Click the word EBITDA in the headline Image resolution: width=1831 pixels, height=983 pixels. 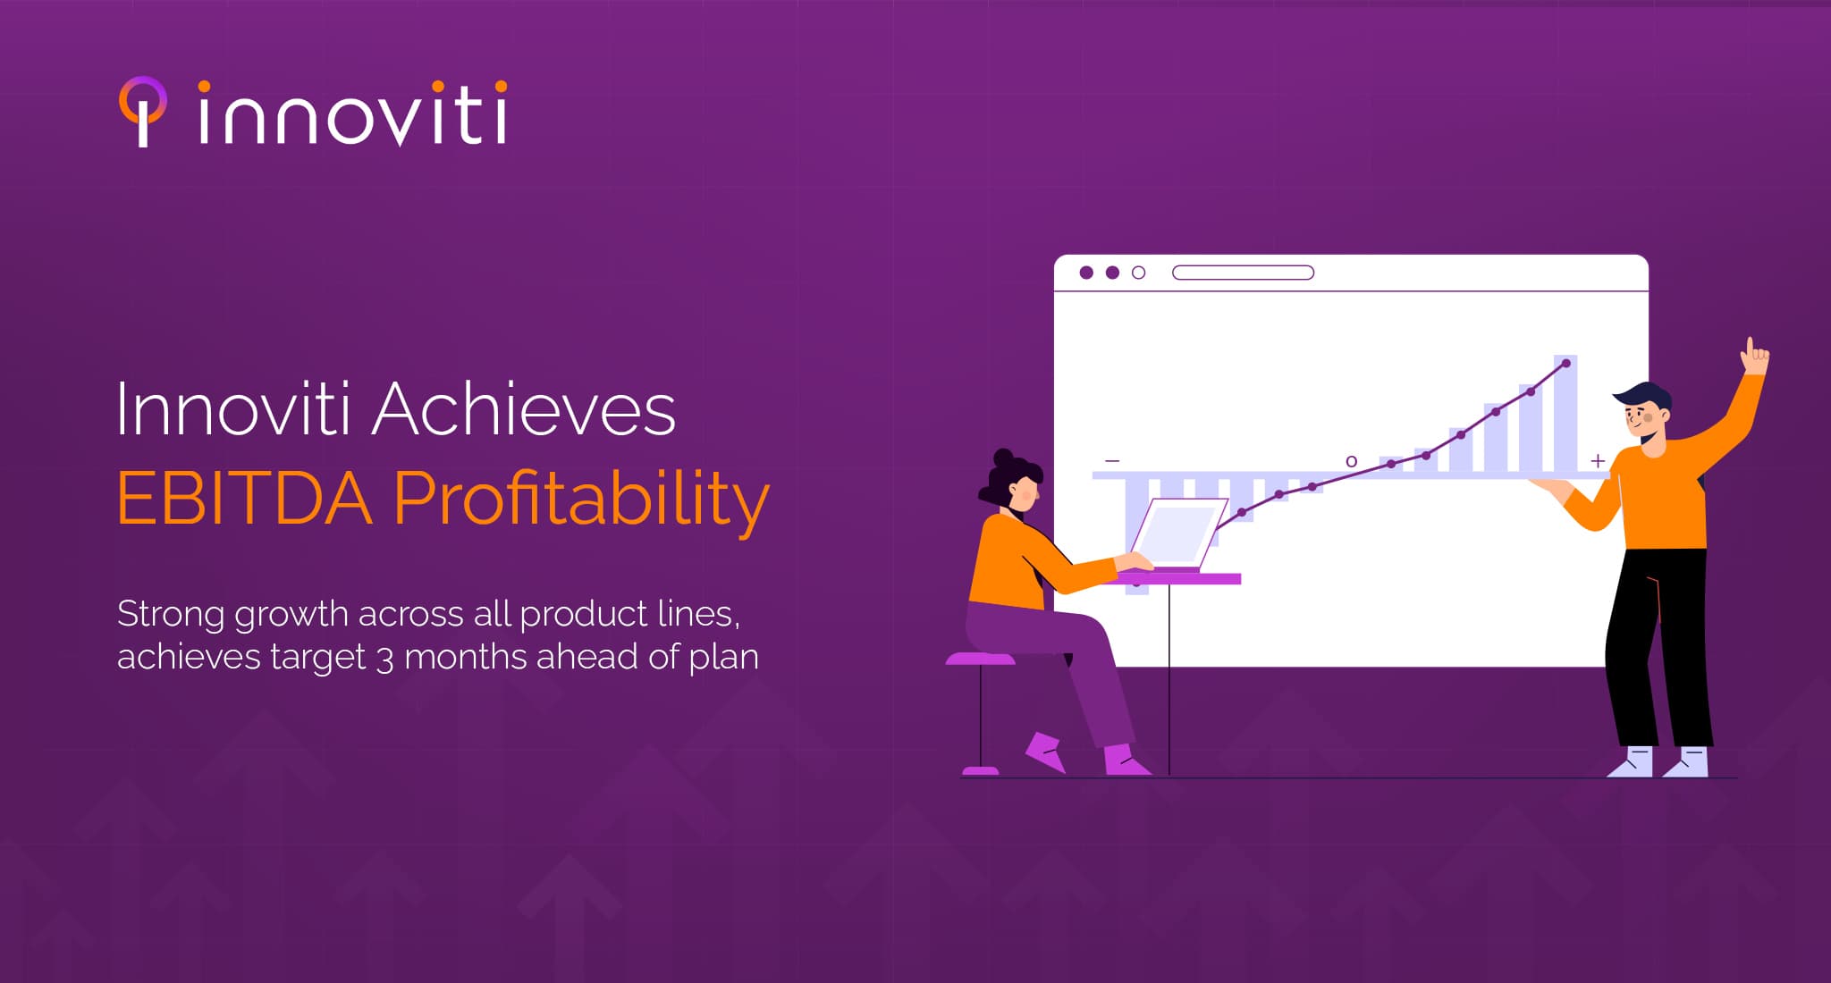pos(243,500)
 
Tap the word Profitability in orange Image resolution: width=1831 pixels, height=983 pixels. pos(580,500)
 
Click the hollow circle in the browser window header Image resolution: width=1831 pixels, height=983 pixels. pos(1138,273)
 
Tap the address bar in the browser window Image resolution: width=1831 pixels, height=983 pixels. pos(1243,273)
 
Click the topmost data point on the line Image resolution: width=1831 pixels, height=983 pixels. pos(1565,363)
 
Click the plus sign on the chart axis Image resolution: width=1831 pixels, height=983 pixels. pos(1598,461)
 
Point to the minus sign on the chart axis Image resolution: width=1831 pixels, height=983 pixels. pos(1112,461)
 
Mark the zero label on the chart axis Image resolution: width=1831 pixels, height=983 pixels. pos(1351,461)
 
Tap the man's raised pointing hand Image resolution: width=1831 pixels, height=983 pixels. pos(1754,357)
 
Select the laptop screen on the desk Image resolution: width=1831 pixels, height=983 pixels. pos(1177,534)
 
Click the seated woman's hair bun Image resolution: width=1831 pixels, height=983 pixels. pos(1004,458)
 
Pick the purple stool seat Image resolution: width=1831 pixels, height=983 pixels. pos(980,660)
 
